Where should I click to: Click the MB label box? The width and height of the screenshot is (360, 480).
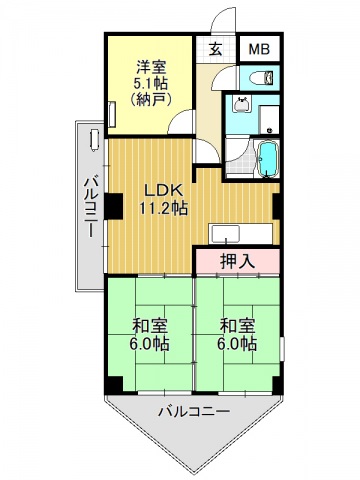point(259,49)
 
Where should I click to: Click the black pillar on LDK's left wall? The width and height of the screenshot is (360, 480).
point(114,204)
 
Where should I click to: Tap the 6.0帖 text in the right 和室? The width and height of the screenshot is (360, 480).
point(238,343)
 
